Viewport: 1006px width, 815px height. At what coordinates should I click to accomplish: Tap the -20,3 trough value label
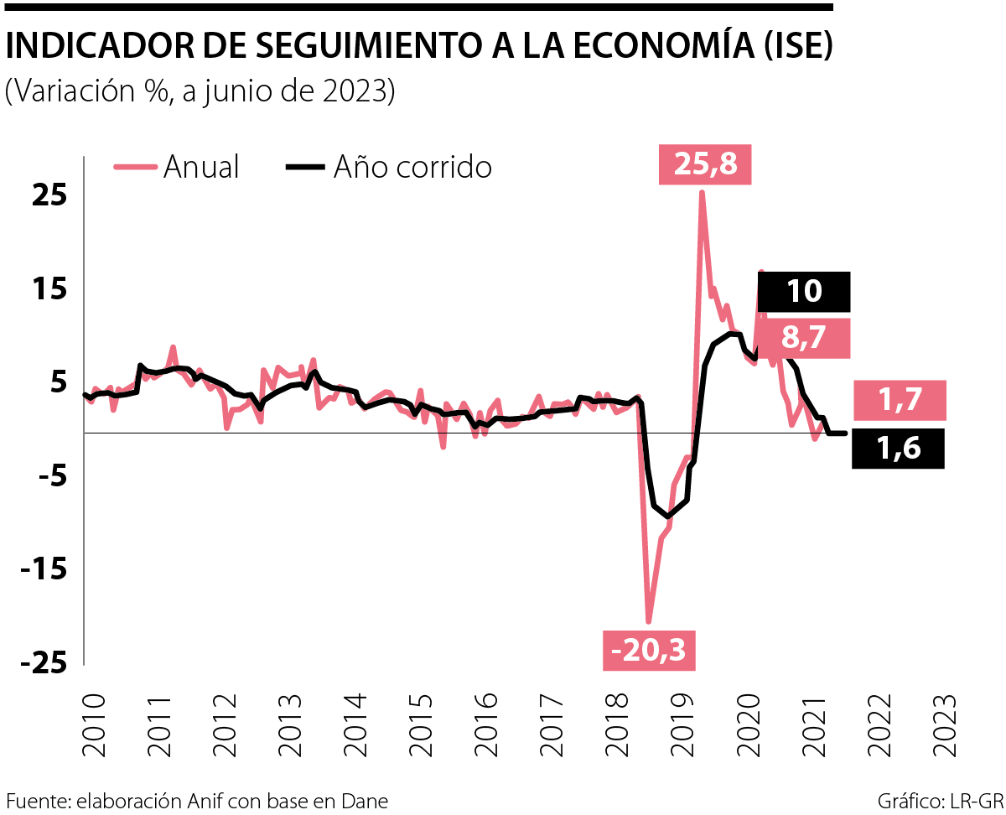650,650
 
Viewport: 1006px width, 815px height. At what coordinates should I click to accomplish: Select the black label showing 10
804,292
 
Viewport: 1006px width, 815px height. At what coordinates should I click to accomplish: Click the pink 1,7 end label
900,400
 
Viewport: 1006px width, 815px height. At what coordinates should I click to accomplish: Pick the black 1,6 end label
898,449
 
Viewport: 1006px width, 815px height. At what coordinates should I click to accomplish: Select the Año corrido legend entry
389,167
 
